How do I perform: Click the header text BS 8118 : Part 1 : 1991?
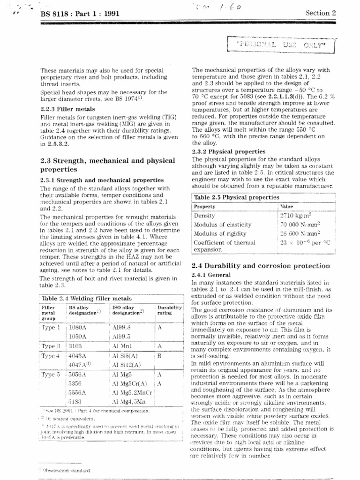80,14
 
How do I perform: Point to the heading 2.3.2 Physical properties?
229,151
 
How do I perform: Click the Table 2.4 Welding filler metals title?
87,298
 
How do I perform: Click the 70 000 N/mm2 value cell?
300,225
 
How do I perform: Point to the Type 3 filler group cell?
52,346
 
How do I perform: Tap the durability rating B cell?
160,356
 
